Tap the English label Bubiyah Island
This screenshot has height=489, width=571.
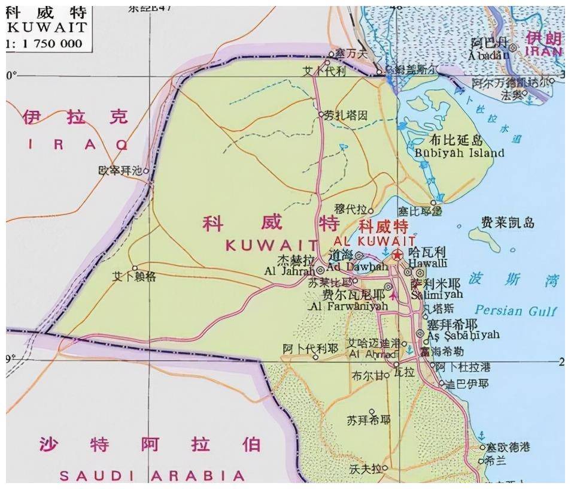point(459,153)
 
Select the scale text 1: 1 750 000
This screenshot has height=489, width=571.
point(45,43)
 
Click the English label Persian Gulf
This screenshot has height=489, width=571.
point(515,310)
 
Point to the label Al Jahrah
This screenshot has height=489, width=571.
point(288,271)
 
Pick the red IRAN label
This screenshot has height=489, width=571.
point(544,52)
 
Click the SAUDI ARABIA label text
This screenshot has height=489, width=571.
point(152,476)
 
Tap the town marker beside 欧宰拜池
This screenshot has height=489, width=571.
point(145,170)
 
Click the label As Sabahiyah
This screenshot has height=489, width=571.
point(463,335)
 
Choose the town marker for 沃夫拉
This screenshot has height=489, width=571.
point(385,468)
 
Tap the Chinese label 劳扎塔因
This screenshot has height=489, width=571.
point(346,116)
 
